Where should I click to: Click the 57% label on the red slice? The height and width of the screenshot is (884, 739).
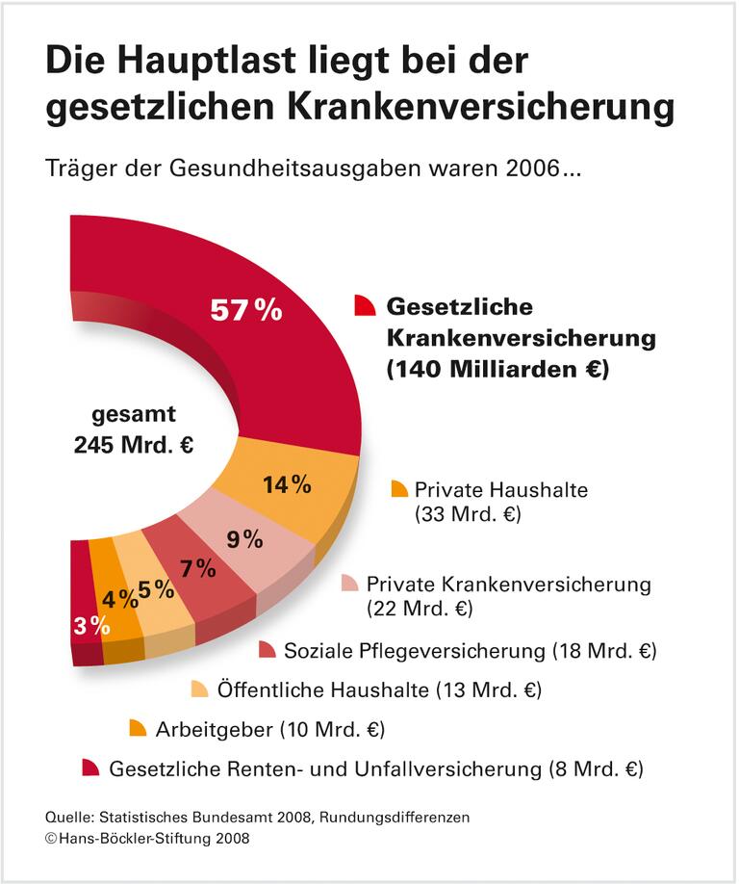pos(246,310)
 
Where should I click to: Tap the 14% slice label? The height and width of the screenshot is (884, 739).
pos(287,484)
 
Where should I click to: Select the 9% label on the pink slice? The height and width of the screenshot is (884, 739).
pos(244,539)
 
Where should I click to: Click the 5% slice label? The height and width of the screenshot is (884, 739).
pos(156,589)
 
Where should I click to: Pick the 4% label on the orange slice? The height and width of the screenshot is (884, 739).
pos(120,599)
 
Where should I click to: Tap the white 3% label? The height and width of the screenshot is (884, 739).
pos(90,625)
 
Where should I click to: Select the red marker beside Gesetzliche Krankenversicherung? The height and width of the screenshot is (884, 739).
pos(364,305)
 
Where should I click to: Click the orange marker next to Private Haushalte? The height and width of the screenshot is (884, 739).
pos(399,488)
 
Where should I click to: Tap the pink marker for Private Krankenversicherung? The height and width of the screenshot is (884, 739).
pos(349,583)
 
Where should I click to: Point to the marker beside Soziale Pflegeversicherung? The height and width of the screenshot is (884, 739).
pos(267,650)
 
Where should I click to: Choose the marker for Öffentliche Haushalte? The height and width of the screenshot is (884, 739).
pos(199,689)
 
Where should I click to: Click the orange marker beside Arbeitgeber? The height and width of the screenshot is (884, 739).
pos(138,728)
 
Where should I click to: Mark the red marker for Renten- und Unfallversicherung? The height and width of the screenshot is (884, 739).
pos(90,767)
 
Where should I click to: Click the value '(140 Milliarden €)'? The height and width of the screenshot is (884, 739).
pos(497,370)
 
